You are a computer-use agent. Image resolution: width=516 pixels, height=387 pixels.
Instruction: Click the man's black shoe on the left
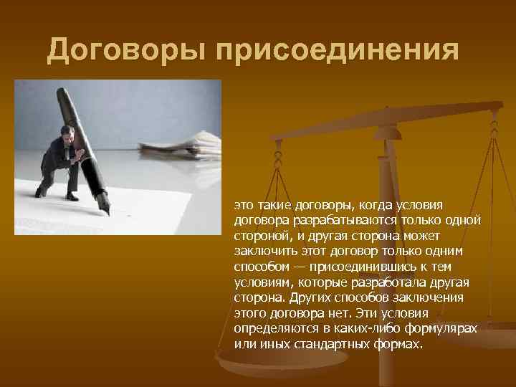(x=41, y=192)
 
